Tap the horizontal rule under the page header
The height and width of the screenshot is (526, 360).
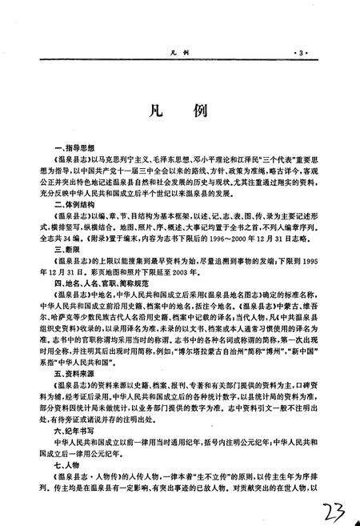tap(179, 60)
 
